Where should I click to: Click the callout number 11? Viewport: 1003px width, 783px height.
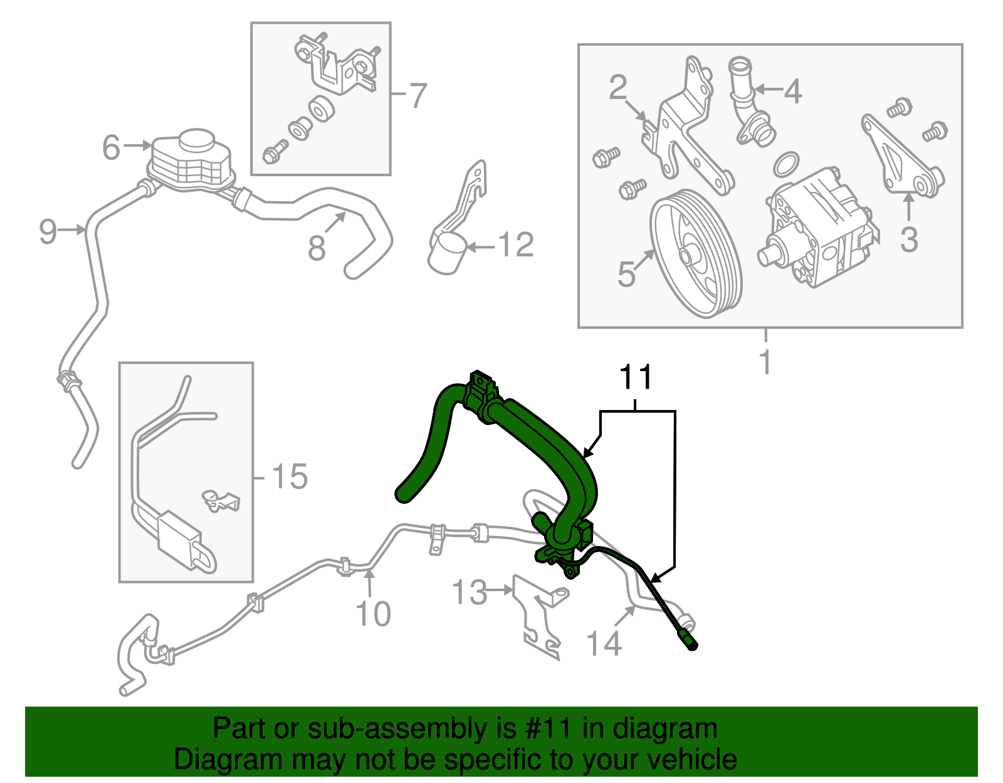(636, 377)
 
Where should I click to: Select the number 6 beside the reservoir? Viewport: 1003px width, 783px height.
(111, 148)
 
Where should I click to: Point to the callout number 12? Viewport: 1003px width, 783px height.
(516, 245)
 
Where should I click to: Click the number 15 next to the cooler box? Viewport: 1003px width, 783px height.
(289, 477)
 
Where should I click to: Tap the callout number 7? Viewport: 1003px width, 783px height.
(417, 96)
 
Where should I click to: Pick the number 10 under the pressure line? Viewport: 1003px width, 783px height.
(373, 614)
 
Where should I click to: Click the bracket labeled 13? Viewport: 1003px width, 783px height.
(536, 617)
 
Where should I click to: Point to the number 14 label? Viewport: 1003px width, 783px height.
(604, 644)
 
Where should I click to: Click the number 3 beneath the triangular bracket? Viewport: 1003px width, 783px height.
(909, 239)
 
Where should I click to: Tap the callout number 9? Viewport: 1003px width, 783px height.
(48, 232)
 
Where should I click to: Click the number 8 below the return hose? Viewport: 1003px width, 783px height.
(317, 248)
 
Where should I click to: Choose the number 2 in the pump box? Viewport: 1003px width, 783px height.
(617, 88)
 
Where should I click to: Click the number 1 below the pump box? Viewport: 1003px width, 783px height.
(765, 362)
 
